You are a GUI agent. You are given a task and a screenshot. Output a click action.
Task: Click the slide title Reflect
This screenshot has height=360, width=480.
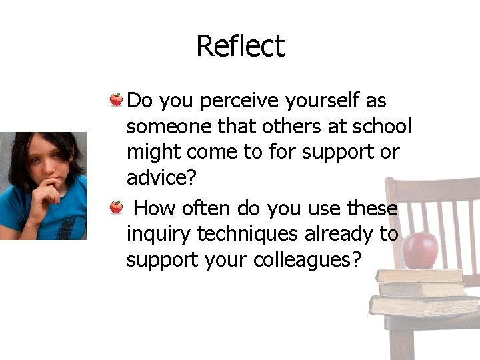(240, 46)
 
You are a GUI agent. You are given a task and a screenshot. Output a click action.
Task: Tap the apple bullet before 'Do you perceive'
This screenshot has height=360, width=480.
(116, 100)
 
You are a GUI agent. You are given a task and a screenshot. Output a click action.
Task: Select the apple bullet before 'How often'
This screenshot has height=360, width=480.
(116, 207)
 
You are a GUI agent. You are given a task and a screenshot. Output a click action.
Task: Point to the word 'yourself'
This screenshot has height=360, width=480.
(323, 101)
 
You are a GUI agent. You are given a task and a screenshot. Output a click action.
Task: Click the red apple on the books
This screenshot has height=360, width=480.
(420, 249)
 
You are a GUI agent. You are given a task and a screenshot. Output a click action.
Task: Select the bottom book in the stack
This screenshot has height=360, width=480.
(423, 305)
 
